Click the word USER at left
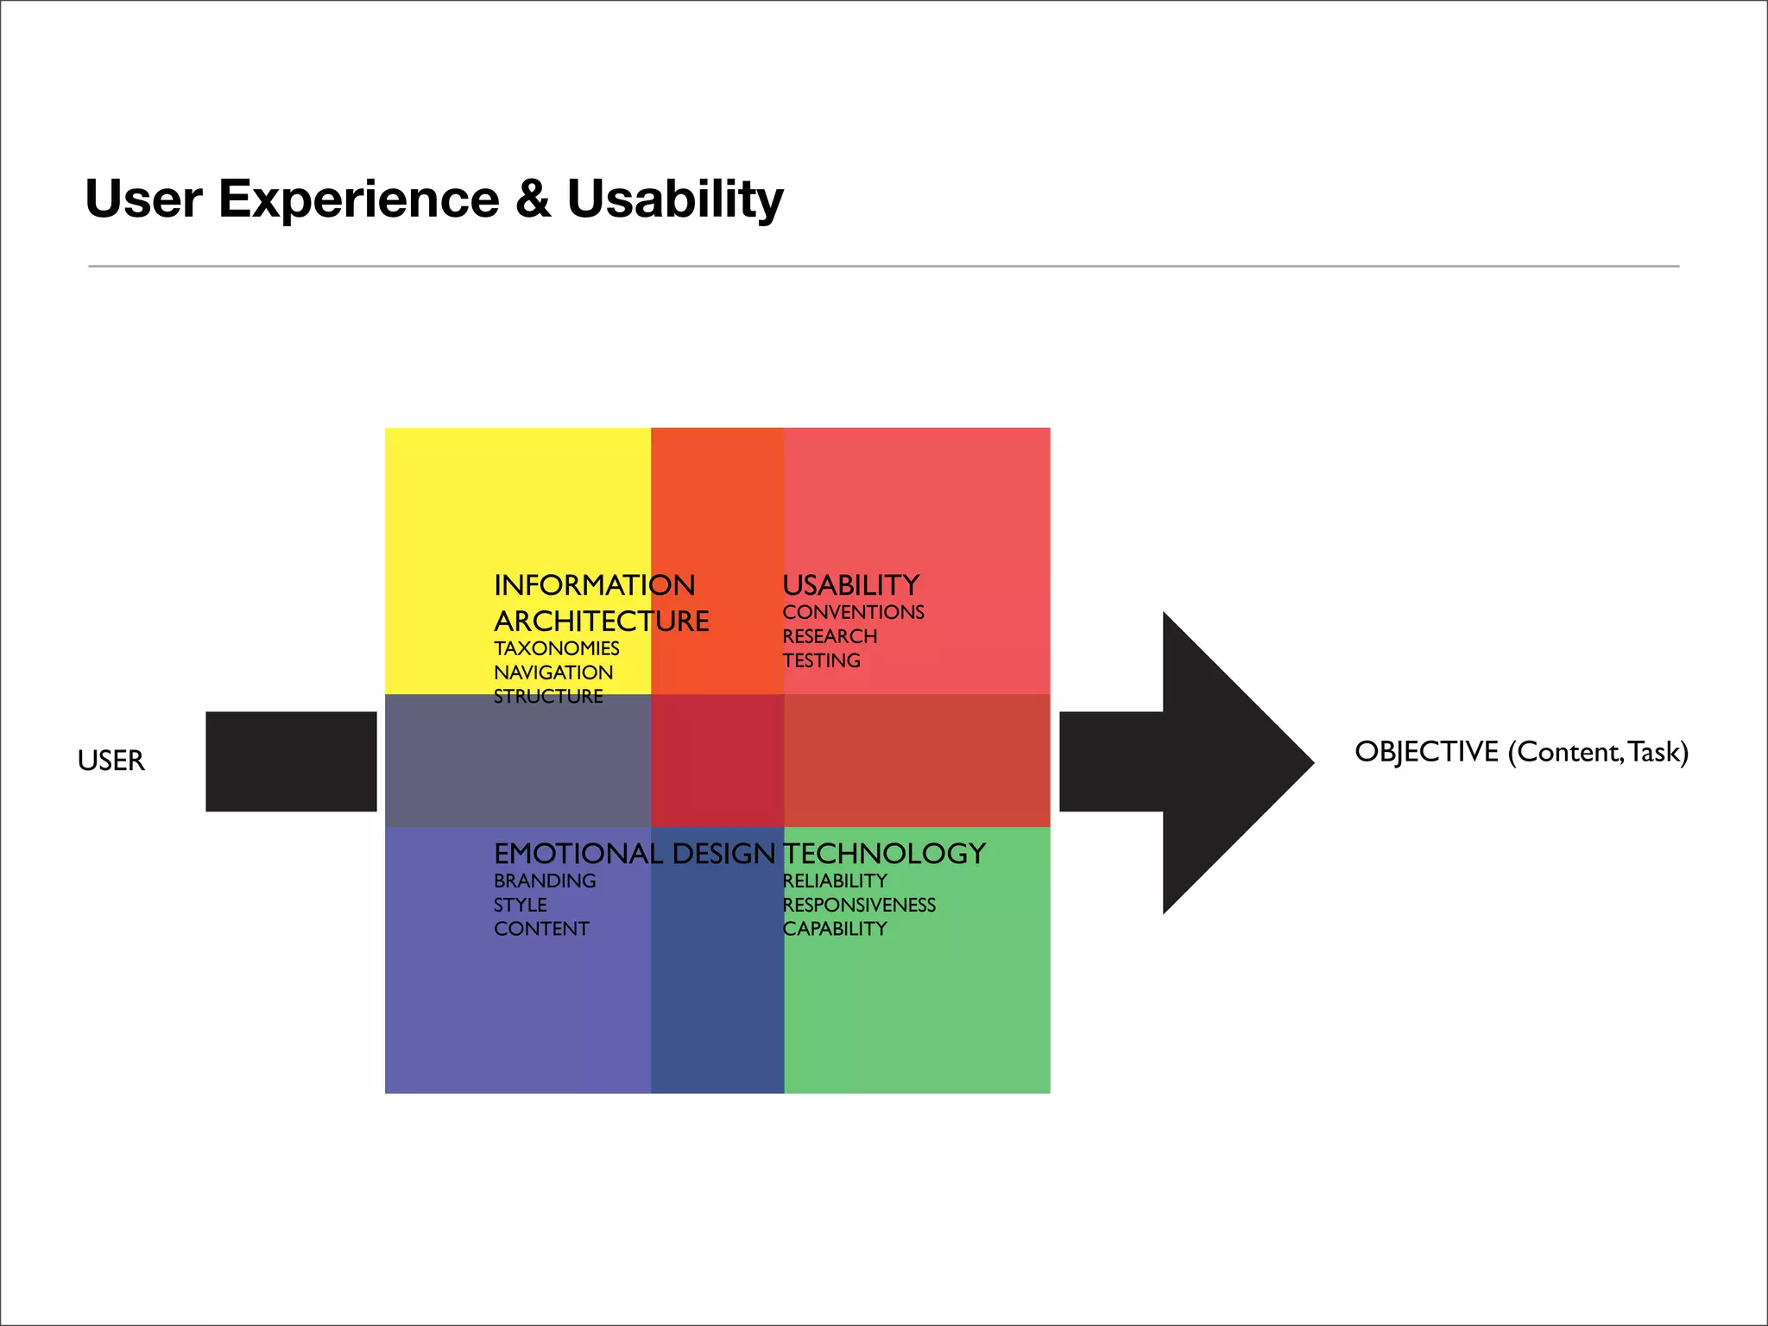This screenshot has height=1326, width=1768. (x=110, y=761)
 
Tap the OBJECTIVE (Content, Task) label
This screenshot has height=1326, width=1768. (x=1521, y=752)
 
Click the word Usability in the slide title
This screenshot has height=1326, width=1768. (x=674, y=199)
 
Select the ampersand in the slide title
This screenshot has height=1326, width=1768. (x=533, y=199)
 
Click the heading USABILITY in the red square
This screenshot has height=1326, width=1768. (x=850, y=585)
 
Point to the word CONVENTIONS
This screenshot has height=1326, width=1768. (x=853, y=612)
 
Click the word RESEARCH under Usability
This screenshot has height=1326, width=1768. (x=830, y=636)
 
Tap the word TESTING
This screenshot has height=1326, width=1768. (x=821, y=660)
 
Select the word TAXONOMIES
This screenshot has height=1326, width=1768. (x=557, y=648)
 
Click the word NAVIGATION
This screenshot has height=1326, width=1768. (x=553, y=672)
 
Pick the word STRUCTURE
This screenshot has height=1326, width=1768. (x=548, y=696)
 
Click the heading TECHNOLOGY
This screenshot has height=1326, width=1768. (x=884, y=854)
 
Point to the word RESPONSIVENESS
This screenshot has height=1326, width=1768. (x=859, y=905)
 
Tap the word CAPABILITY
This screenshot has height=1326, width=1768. (x=835, y=929)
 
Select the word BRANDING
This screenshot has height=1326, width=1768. (x=545, y=881)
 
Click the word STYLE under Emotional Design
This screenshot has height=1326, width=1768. (x=521, y=905)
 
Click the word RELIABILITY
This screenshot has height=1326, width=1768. (x=835, y=881)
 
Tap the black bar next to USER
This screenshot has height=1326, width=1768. (x=291, y=761)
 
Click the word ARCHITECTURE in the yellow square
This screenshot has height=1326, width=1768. (x=602, y=622)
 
